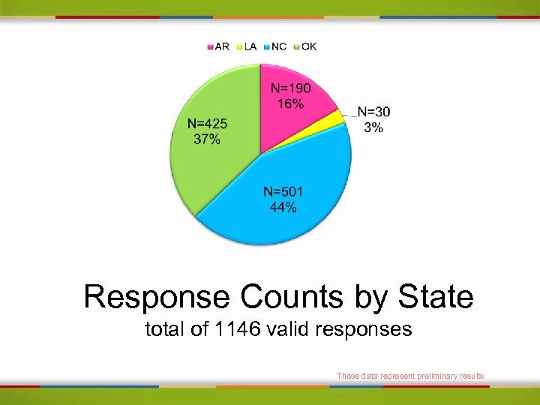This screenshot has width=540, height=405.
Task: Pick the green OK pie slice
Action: click(214, 150)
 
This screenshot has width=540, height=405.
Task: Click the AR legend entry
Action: click(218, 46)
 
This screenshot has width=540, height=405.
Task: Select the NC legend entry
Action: click(275, 46)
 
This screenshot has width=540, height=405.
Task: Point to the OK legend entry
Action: click(305, 46)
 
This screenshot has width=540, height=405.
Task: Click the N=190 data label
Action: click(290, 89)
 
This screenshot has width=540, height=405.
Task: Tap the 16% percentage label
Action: click(290, 103)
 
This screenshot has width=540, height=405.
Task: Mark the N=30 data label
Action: click(373, 112)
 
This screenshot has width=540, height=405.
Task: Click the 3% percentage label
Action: click(373, 127)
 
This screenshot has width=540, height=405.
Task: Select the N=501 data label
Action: click(283, 193)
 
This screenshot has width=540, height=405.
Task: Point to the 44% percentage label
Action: click(283, 207)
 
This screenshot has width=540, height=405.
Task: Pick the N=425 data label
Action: click(207, 124)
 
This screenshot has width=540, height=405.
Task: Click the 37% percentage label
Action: click(207, 139)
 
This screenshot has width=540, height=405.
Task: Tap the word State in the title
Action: click(436, 297)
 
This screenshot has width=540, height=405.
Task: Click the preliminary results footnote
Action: click(410, 376)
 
